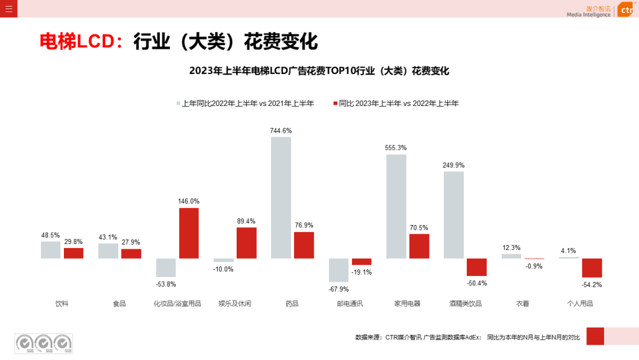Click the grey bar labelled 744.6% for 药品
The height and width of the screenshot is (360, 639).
click(281, 198)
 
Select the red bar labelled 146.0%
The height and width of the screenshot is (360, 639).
click(189, 233)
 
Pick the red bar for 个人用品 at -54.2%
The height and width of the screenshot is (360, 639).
click(592, 268)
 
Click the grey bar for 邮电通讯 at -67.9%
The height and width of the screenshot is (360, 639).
click(338, 270)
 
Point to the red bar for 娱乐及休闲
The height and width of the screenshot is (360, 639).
click(246, 243)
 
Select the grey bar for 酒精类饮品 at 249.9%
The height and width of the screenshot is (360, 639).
click(454, 215)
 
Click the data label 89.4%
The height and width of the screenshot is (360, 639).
click(246, 221)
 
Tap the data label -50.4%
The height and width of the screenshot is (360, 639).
click(476, 283)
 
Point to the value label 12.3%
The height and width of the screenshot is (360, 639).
click(511, 247)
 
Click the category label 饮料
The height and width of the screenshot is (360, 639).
click(62, 304)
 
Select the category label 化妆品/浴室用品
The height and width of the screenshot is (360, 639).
click(177, 304)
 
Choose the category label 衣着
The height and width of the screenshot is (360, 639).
click(522, 304)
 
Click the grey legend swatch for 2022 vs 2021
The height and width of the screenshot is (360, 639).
click(178, 104)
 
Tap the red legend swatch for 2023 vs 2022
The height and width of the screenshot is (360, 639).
click(335, 104)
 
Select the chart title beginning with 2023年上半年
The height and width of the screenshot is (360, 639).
click(319, 71)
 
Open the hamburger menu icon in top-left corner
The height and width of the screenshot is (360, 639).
click(8, 9)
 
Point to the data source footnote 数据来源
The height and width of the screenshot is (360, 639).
click(467, 337)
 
